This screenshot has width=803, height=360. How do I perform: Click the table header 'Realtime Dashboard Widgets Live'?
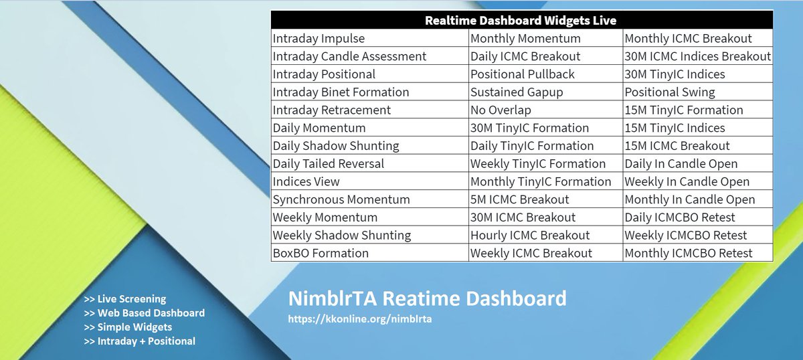(x=521, y=20)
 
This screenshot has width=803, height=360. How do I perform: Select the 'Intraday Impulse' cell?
(x=319, y=39)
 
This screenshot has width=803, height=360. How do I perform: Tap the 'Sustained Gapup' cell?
(x=516, y=92)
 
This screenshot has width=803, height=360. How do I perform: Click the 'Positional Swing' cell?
(x=669, y=92)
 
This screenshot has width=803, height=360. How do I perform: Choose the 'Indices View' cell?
(x=306, y=182)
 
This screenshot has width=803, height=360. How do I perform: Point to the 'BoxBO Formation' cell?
(x=321, y=254)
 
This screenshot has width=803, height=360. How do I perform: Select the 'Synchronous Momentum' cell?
(x=341, y=199)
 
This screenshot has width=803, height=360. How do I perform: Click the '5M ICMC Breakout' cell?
(x=519, y=199)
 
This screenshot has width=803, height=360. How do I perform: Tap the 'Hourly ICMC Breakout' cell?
(x=530, y=236)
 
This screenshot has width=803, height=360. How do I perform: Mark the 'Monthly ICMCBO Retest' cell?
(x=689, y=254)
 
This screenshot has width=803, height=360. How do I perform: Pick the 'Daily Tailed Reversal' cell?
(x=328, y=164)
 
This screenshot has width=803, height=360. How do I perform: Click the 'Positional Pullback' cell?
(x=523, y=74)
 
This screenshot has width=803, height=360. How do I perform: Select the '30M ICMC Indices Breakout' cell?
(x=697, y=57)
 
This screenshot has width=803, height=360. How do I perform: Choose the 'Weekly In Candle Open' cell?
(x=687, y=182)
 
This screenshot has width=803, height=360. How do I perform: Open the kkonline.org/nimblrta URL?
(x=359, y=319)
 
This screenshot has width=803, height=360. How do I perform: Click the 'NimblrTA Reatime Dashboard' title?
(x=427, y=298)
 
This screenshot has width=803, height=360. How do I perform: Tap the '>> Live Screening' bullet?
(x=125, y=299)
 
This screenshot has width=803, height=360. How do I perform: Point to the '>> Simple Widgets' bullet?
(x=128, y=327)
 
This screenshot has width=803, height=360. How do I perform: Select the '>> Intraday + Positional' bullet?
(x=140, y=341)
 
